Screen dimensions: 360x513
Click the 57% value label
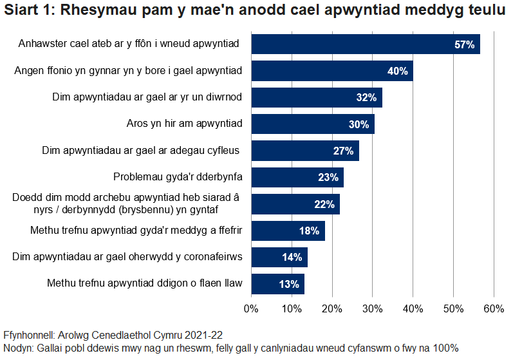tap(464, 45)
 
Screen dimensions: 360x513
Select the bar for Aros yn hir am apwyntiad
tap(312, 124)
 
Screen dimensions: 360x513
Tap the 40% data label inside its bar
tap(397, 71)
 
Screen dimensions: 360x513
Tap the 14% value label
tap(292, 258)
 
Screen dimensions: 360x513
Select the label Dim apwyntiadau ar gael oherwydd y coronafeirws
tap(127, 257)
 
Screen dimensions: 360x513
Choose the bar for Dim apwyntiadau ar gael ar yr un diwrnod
tap(316, 98)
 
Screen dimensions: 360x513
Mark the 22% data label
tap(324, 205)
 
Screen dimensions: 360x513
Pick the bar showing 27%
tap(304, 151)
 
